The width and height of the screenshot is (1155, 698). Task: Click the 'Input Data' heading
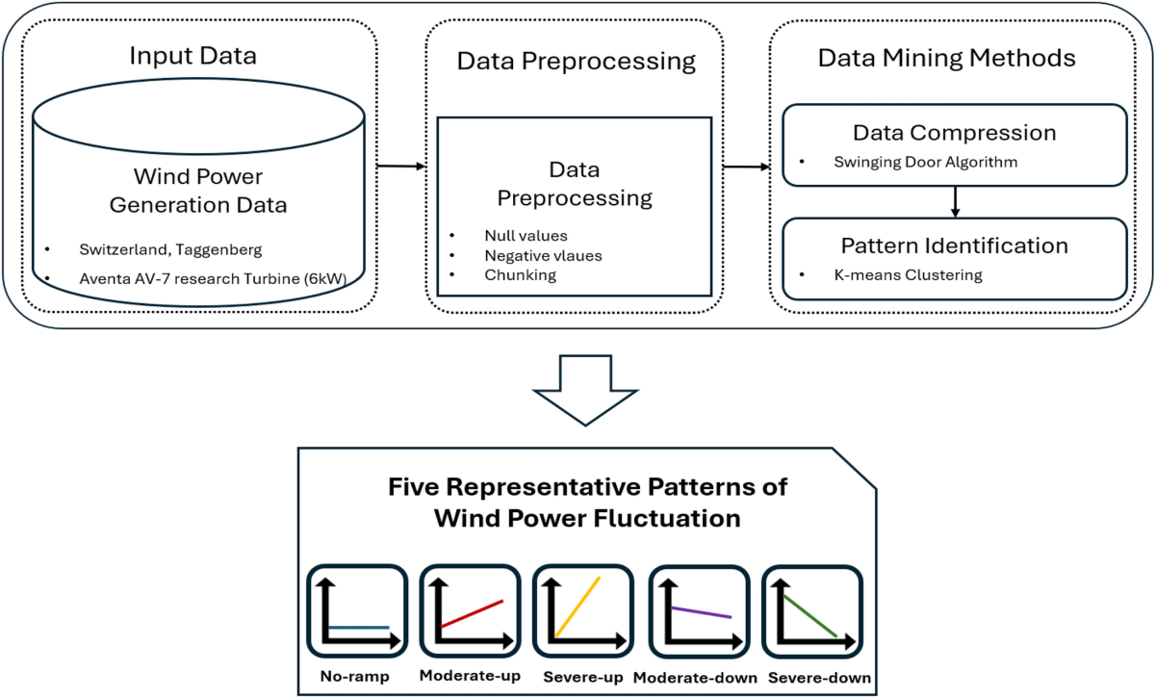pyautogui.click(x=193, y=56)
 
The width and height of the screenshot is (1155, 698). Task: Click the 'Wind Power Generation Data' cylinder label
pyautogui.click(x=197, y=191)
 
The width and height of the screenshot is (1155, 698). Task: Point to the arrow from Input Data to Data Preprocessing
pyautogui.click(x=400, y=167)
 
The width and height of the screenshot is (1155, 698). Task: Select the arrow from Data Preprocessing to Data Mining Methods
pyautogui.click(x=747, y=167)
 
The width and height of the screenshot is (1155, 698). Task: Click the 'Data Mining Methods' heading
pyautogui.click(x=946, y=58)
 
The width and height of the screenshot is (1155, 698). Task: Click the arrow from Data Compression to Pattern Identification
pyautogui.click(x=954, y=200)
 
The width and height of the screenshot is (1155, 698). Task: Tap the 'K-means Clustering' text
pyautogui.click(x=908, y=275)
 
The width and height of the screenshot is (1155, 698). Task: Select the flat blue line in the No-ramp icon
pyautogui.click(x=358, y=628)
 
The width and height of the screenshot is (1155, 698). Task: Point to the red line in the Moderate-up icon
pyautogui.click(x=472, y=614)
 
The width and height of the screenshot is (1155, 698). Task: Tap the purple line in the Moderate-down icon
pyautogui.click(x=701, y=612)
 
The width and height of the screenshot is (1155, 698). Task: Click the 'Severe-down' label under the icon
pyautogui.click(x=819, y=678)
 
